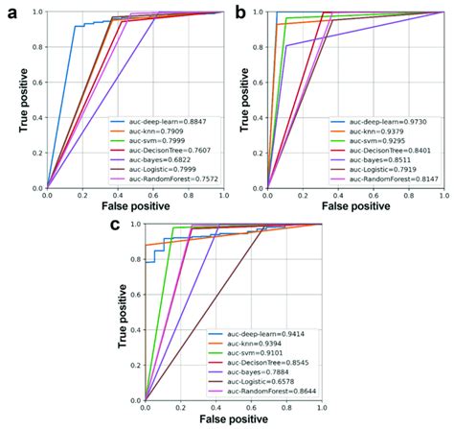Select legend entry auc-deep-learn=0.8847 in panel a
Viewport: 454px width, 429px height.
click(170, 123)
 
